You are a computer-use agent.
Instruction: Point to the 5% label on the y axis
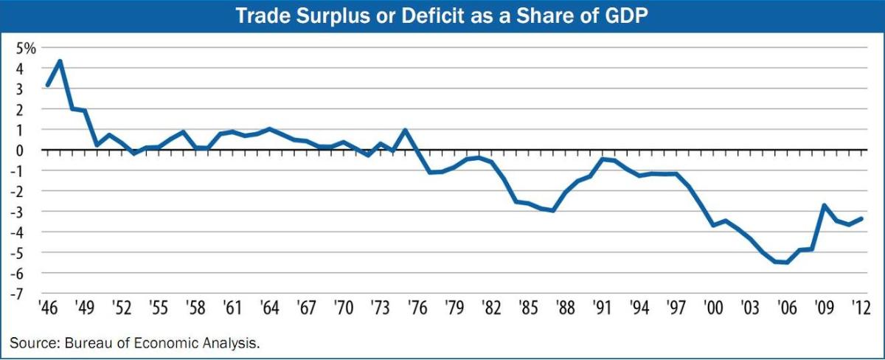pos(27,49)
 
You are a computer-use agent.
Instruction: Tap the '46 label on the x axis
pos(48,308)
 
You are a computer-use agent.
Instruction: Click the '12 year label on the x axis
pos(858,308)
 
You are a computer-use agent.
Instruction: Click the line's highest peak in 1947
pos(60,60)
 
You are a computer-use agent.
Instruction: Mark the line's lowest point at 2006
pos(786,262)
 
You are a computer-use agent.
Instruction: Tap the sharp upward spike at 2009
pos(823,206)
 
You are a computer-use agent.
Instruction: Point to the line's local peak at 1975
pos(405,131)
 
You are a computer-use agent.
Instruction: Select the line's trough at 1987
pos(552,210)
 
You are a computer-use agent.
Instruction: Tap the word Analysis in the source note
pos(236,342)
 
